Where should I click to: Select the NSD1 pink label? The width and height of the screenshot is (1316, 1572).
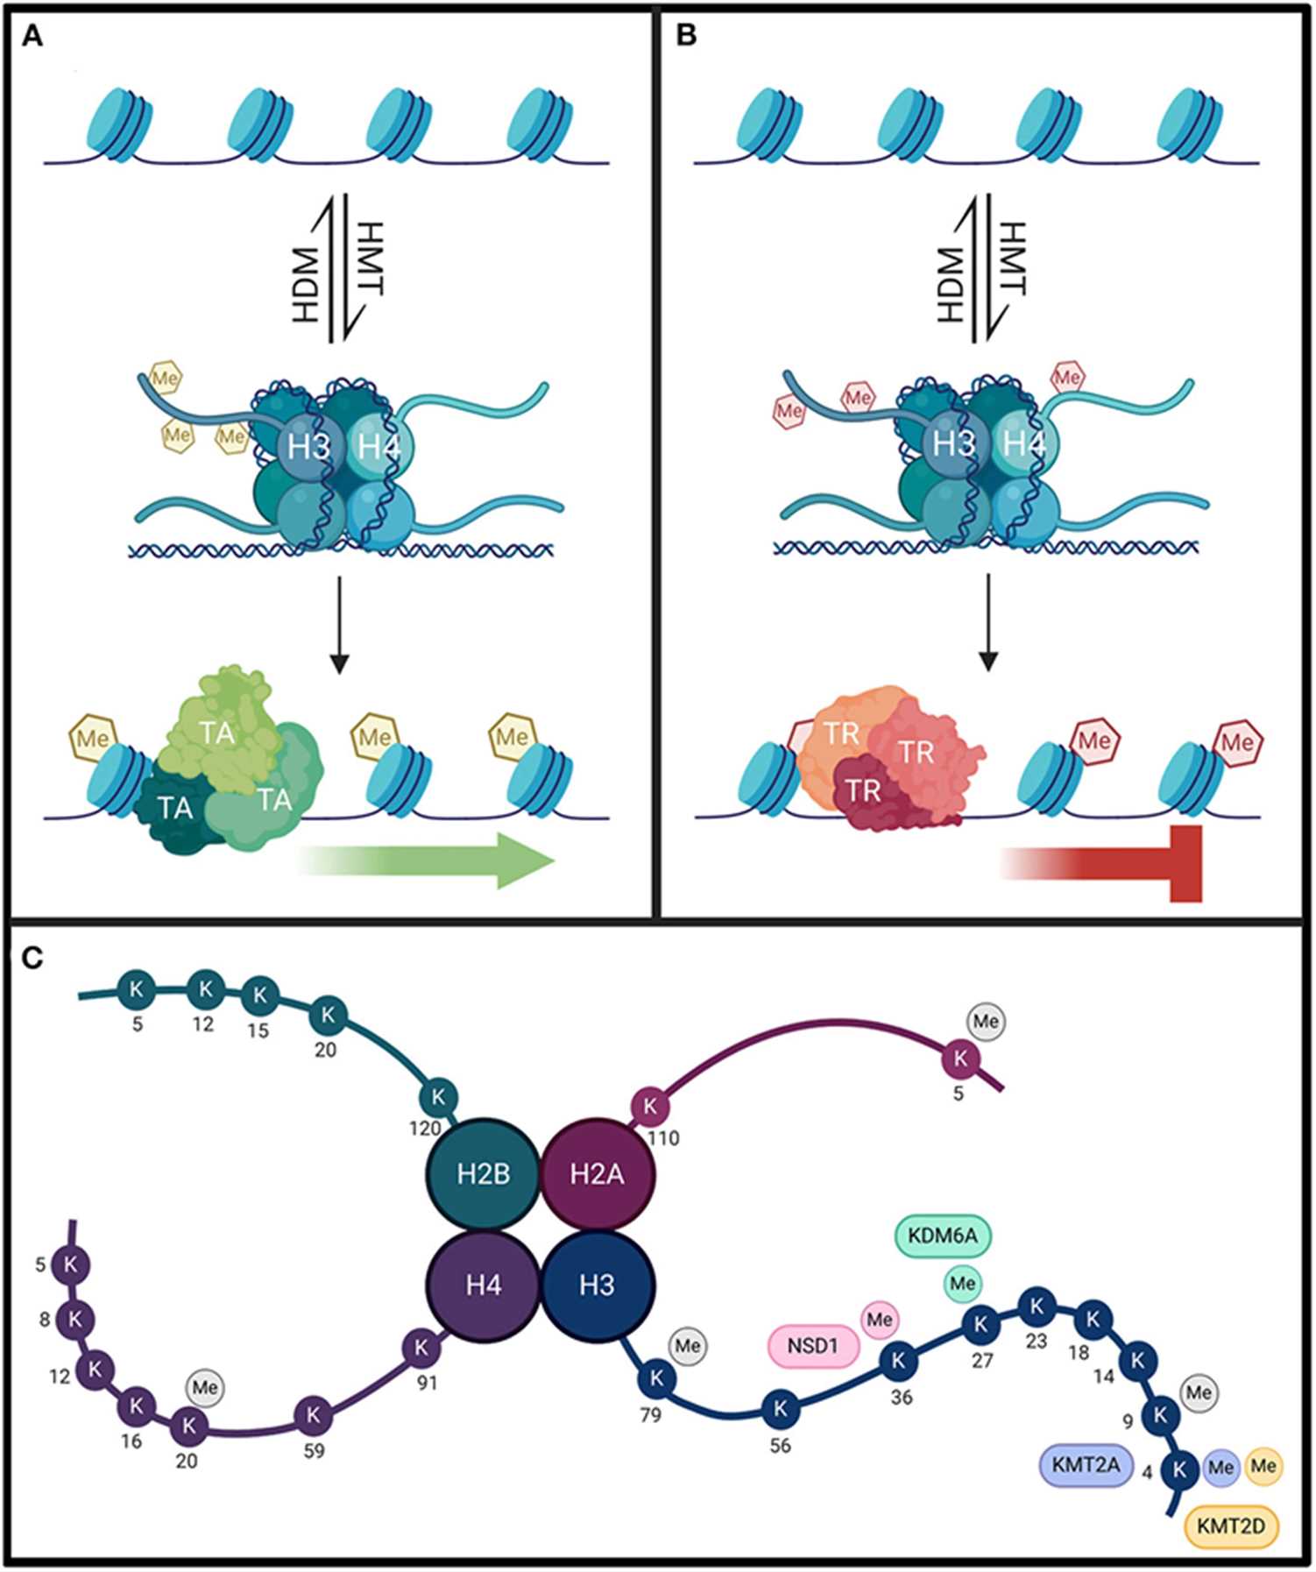click(x=813, y=1345)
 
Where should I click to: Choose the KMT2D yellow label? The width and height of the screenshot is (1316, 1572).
click(x=1230, y=1526)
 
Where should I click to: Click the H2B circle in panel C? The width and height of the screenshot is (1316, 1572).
click(x=483, y=1174)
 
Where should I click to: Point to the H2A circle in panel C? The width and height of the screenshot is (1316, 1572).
click(x=597, y=1174)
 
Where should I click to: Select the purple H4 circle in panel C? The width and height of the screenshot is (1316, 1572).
click(x=483, y=1285)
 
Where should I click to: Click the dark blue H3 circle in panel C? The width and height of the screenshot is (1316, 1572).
click(x=597, y=1285)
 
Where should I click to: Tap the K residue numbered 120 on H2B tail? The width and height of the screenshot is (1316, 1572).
click(x=438, y=1096)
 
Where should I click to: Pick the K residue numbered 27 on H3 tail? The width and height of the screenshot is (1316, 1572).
click(x=980, y=1323)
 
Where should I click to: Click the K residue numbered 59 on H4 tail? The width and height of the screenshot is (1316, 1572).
click(x=313, y=1414)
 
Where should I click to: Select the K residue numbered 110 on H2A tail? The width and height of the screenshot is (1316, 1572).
click(x=649, y=1106)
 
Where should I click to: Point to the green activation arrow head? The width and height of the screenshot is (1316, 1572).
click(x=526, y=860)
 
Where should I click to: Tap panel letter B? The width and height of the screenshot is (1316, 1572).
click(x=687, y=36)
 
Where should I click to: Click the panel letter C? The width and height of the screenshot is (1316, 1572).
click(x=32, y=958)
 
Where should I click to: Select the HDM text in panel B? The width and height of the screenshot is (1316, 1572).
click(x=950, y=284)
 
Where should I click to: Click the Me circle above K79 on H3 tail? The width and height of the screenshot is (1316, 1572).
click(x=687, y=1345)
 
